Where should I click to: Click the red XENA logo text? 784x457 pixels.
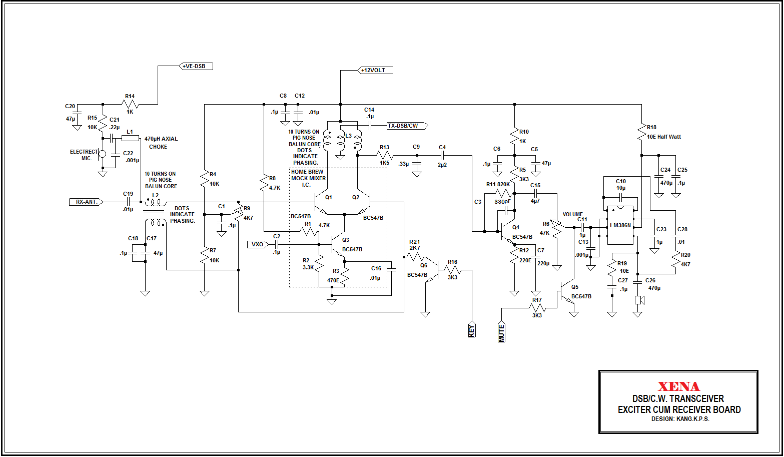tap(678, 386)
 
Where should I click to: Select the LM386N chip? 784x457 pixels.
tap(620, 225)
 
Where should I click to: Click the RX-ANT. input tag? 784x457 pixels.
tap(87, 202)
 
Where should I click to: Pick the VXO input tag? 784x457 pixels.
tap(258, 244)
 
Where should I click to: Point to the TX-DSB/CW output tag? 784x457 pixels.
tap(406, 126)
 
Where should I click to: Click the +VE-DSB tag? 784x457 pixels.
tap(196, 66)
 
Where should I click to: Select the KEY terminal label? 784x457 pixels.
tap(471, 330)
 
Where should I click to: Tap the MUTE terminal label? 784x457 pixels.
tap(501, 332)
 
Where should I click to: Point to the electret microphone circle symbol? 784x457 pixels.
tap(103, 154)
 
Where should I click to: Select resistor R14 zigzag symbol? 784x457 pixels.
tap(130, 104)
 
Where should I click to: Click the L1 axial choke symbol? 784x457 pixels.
tap(130, 138)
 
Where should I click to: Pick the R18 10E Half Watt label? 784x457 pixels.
tap(663, 137)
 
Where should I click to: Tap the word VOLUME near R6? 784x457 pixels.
tap(573, 214)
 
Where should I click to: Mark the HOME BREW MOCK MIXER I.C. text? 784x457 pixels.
tap(308, 178)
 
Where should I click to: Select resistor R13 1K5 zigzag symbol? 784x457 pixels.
tap(384, 155)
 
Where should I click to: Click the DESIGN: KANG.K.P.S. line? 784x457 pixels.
tap(680, 419)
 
